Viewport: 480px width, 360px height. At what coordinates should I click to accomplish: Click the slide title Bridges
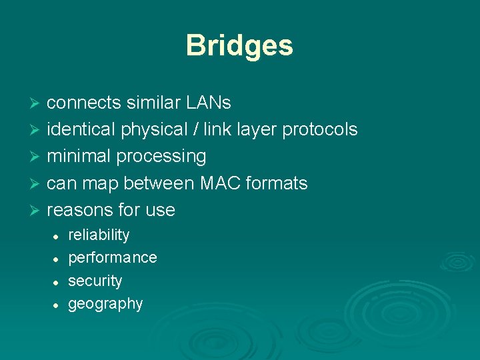click(239, 45)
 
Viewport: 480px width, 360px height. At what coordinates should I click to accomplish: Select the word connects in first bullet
click(84, 103)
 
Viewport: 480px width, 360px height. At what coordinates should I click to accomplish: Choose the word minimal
click(79, 156)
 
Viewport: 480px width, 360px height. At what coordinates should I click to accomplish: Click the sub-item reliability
click(99, 235)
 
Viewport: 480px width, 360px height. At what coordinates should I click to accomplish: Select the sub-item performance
click(113, 258)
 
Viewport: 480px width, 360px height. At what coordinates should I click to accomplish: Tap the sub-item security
click(95, 281)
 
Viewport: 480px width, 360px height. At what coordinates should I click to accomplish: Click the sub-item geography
click(105, 304)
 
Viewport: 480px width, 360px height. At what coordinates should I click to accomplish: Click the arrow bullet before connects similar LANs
click(37, 103)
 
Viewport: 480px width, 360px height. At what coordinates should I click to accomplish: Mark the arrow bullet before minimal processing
click(37, 157)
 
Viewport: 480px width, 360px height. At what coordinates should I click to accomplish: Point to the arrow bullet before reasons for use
click(37, 210)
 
